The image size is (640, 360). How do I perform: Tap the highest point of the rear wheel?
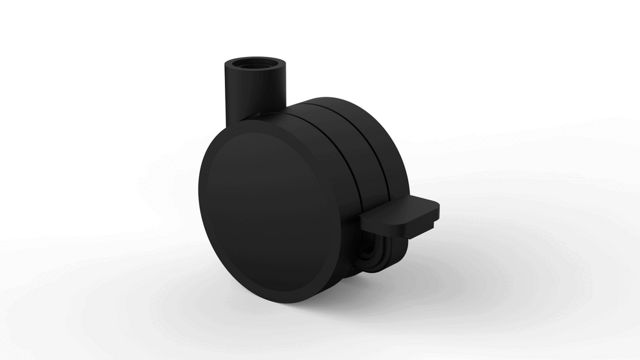click(333, 98)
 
